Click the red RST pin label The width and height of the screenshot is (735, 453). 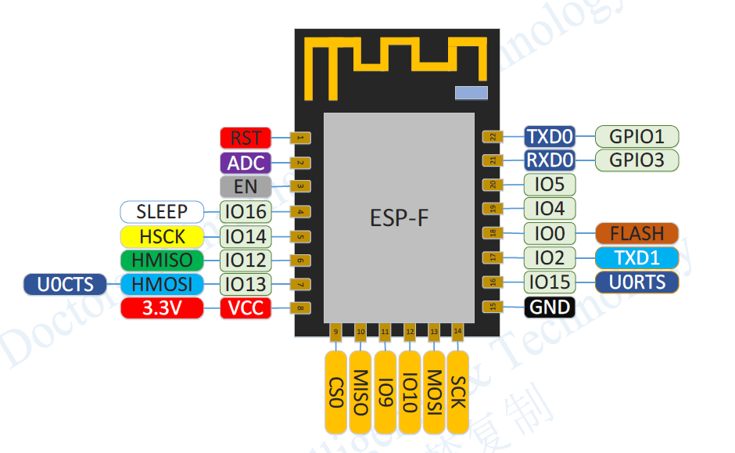246,138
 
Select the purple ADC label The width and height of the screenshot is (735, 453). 246,163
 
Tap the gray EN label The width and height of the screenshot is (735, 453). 246,187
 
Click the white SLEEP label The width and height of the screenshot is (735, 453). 162,211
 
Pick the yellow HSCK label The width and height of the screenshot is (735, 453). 162,235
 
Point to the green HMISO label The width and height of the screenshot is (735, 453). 162,260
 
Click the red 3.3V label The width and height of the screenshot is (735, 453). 162,308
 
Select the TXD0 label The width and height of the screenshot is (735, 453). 550,137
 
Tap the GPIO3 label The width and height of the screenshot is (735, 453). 636,160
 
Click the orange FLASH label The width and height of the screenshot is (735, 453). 636,233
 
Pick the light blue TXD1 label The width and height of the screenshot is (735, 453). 636,257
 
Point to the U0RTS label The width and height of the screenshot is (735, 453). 636,282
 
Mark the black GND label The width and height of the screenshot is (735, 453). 550,307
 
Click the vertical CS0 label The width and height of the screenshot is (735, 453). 336,391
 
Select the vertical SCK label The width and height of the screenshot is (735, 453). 457,391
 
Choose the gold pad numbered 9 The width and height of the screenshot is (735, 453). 336,333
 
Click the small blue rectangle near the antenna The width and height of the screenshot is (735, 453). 471,93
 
